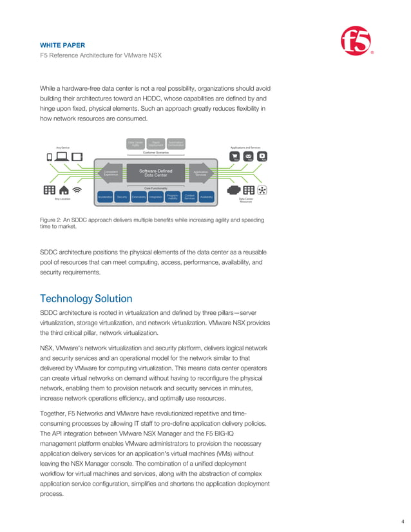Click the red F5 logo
[x=356, y=42]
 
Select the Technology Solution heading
[x=86, y=299]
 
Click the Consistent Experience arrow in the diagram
[x=110, y=173]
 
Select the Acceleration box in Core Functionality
[x=106, y=196]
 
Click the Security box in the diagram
[x=122, y=196]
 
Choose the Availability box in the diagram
[x=206, y=196]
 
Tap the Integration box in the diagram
[x=155, y=196]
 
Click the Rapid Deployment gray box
[x=155, y=144]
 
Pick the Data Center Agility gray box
[x=135, y=144]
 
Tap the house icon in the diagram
[x=64, y=191]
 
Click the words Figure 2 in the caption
[x=52, y=220]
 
